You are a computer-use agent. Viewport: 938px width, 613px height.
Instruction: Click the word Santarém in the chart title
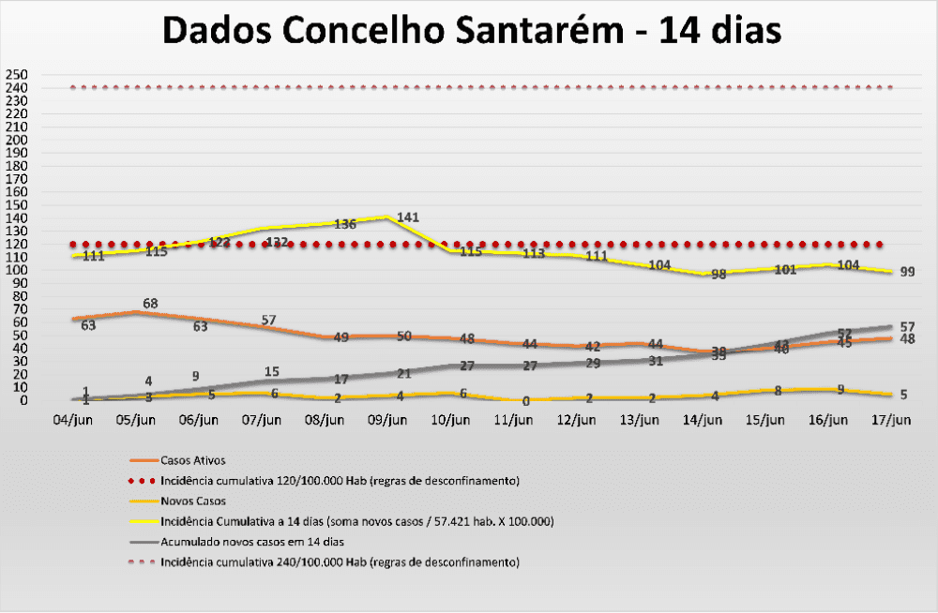click(x=535, y=30)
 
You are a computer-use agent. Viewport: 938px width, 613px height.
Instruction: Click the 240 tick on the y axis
click(x=16, y=88)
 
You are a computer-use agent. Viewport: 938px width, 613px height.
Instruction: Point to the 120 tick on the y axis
click(x=16, y=245)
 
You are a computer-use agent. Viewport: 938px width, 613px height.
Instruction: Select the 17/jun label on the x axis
click(x=890, y=421)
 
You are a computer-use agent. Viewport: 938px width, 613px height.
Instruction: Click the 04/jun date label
click(x=73, y=421)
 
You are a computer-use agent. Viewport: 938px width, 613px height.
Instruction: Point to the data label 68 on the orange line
click(x=149, y=304)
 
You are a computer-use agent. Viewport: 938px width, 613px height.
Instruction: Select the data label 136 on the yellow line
click(x=344, y=224)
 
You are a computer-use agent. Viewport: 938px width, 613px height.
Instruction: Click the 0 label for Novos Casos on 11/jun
click(x=526, y=401)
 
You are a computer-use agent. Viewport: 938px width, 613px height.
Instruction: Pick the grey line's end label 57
click(x=906, y=326)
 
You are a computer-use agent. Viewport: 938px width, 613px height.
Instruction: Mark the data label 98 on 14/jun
click(x=719, y=275)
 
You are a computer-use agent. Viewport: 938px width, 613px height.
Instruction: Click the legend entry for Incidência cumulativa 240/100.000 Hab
click(x=340, y=562)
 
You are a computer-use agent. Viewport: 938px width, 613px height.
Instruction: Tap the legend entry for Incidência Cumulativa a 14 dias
click(x=356, y=521)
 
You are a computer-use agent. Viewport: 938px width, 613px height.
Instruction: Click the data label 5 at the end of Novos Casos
click(x=903, y=395)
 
